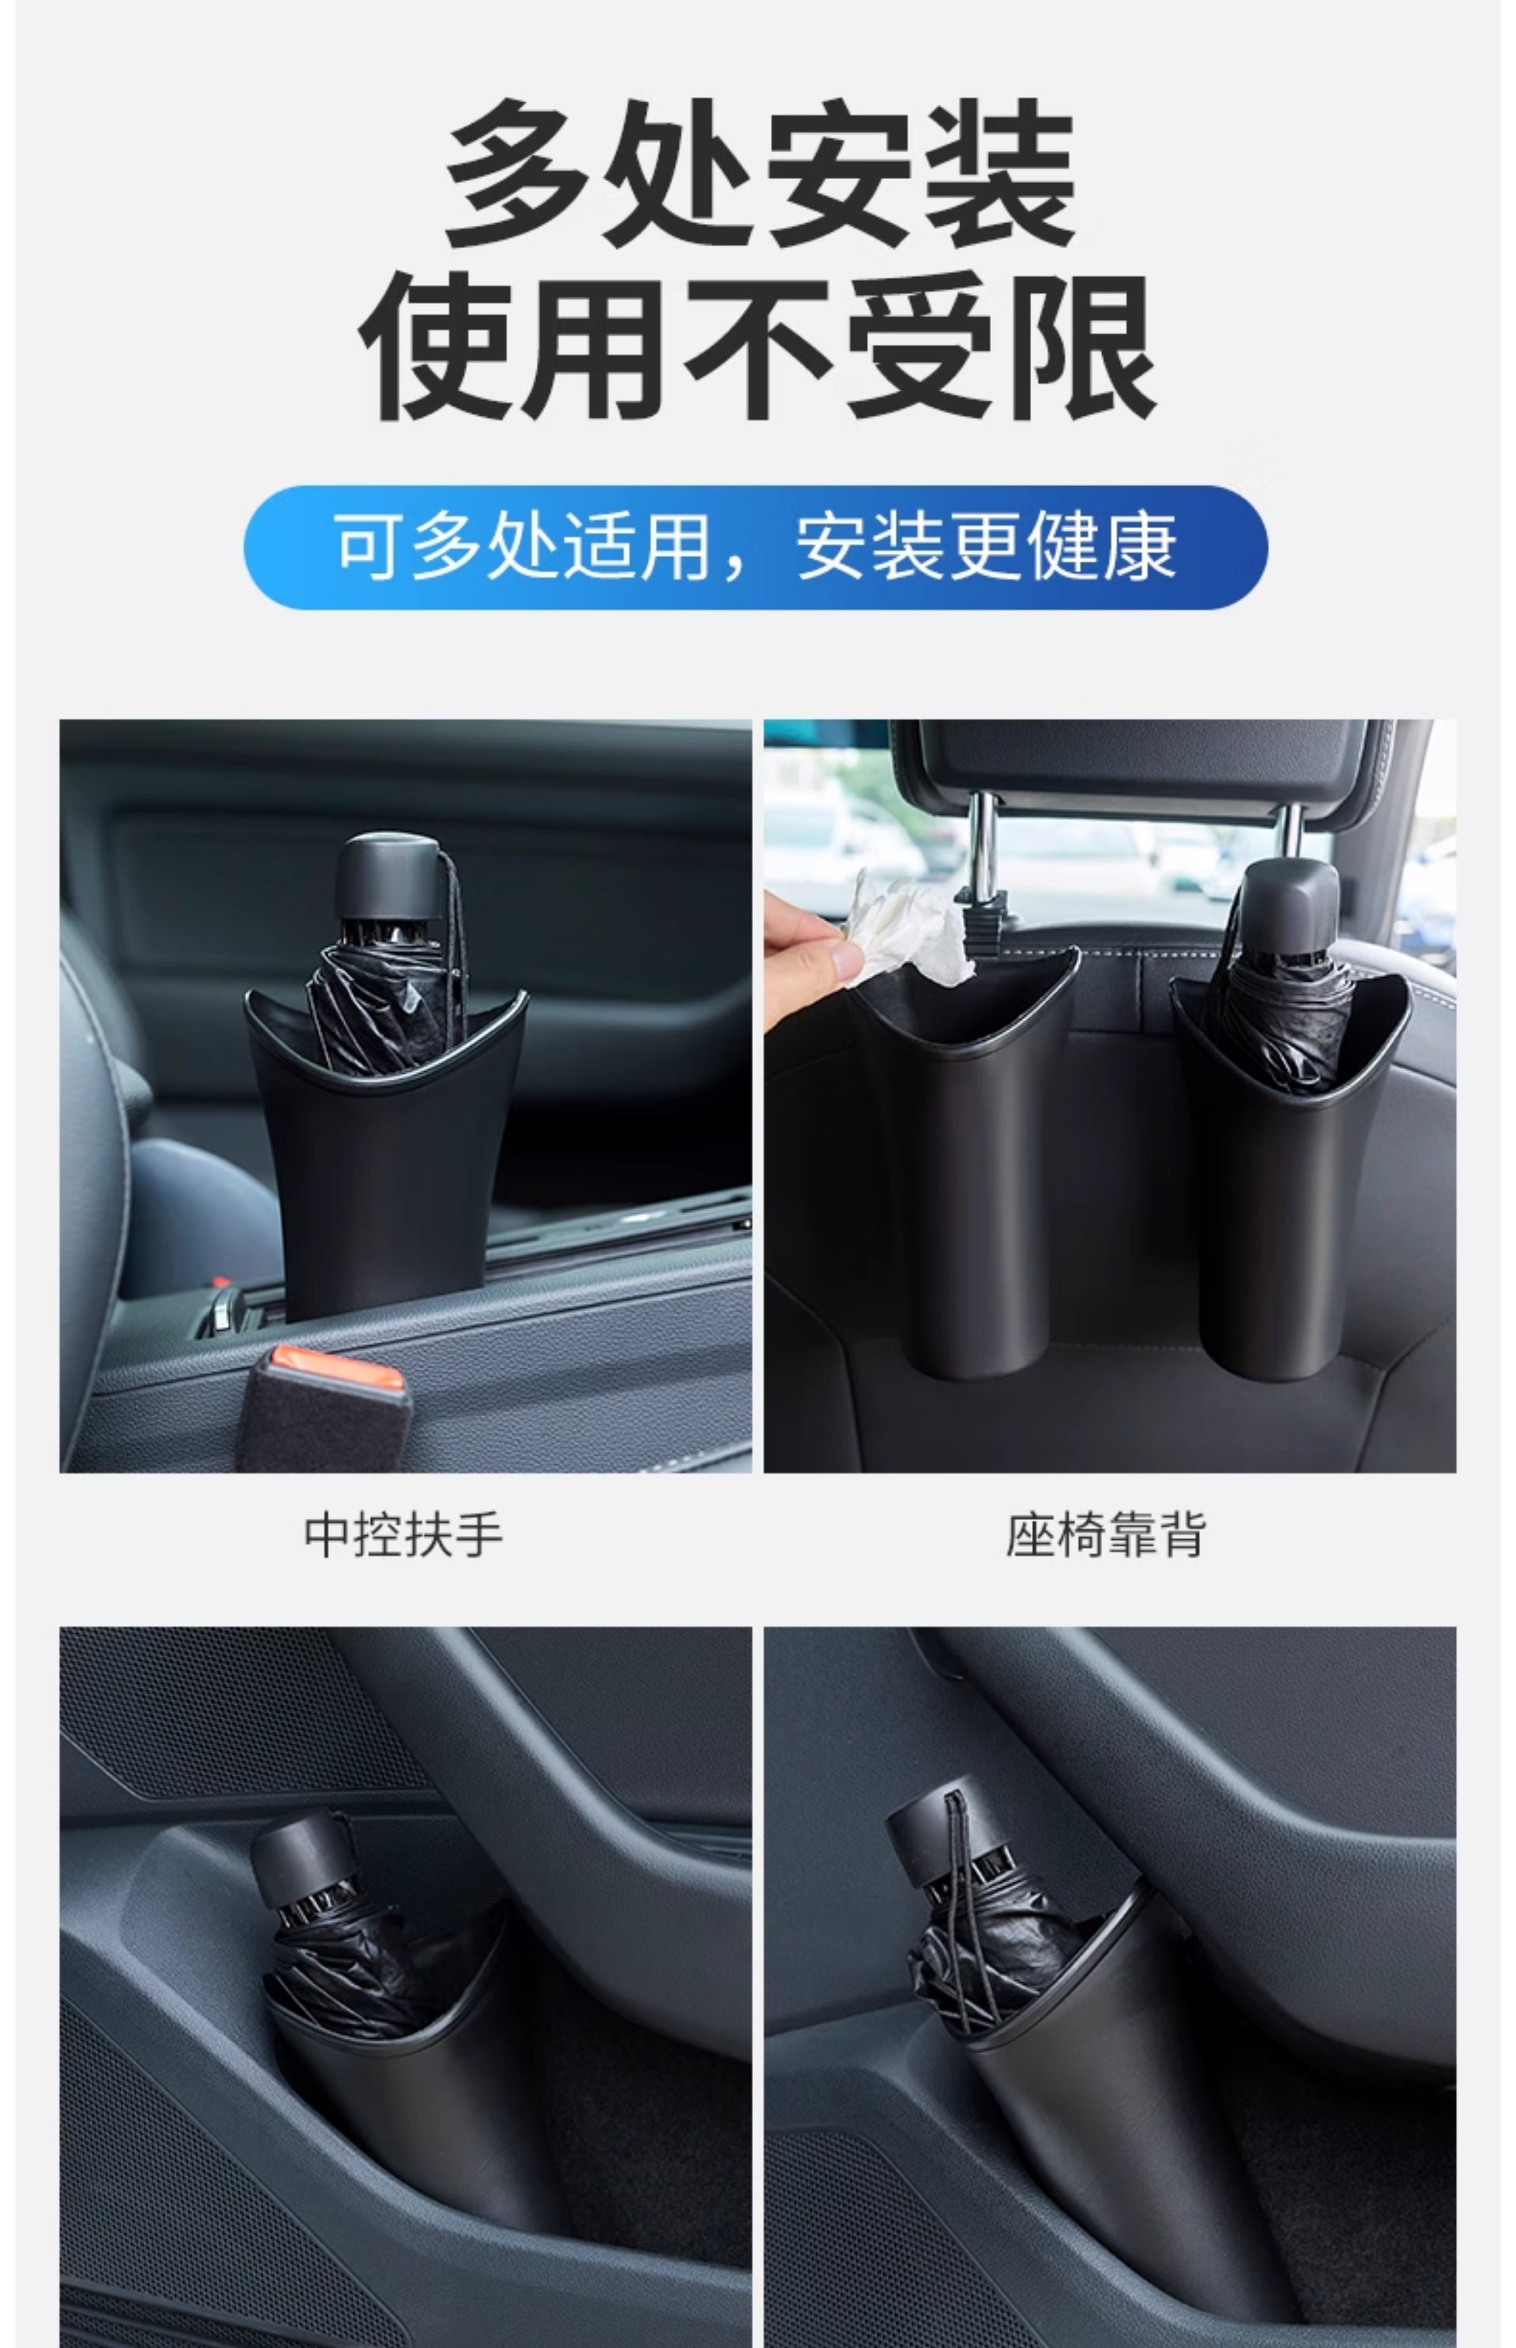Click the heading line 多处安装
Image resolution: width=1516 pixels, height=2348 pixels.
[759, 173]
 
